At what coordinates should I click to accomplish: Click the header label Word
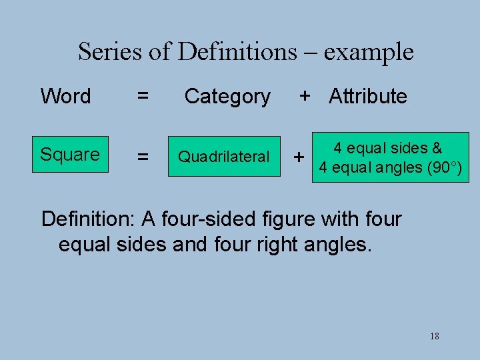point(65,96)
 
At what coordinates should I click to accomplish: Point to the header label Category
point(227,97)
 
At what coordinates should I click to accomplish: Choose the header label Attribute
point(368,96)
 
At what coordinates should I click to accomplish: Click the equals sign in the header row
point(143,96)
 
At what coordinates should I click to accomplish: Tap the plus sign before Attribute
point(305,96)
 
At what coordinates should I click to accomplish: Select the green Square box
point(70,155)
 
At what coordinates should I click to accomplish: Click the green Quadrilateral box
point(223,157)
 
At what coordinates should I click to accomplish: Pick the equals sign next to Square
point(143,157)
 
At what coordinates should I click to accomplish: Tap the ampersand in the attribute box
point(437,148)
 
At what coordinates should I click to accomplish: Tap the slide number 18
point(435,336)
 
